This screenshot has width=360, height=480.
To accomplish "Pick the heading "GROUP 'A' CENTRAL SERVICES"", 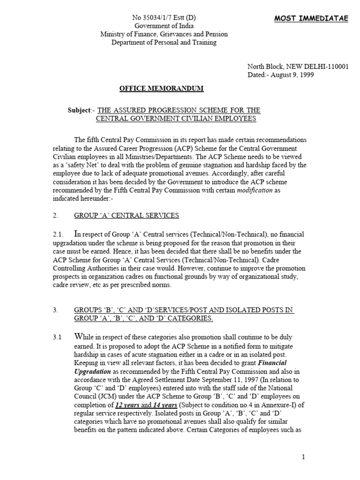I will pos(127,216).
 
